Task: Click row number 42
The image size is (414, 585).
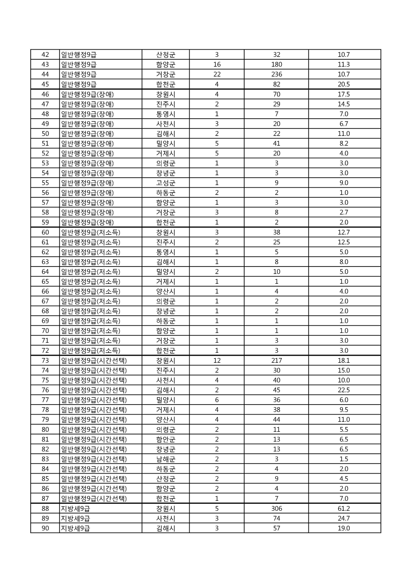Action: click(45, 55)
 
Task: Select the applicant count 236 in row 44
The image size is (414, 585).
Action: click(277, 74)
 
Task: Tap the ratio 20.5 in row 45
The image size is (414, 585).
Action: click(344, 84)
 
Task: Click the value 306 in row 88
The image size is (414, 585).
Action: click(277, 509)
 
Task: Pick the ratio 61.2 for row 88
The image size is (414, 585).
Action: click(344, 509)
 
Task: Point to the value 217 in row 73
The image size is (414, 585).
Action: click(277, 361)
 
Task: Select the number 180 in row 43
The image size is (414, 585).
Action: click(277, 65)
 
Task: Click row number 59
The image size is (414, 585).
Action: click(45, 222)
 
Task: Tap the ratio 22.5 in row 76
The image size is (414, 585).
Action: click(344, 390)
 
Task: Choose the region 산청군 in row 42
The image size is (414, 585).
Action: click(166, 55)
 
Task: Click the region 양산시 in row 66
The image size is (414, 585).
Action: click(166, 291)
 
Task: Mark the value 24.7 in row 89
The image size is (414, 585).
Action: click(344, 518)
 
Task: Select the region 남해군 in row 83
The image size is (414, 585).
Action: click(166, 459)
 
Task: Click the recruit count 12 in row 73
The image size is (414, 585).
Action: click(217, 361)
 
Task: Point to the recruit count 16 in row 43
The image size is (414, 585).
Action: click(217, 65)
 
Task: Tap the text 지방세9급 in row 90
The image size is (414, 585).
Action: click(75, 528)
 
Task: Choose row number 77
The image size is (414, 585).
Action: click(45, 400)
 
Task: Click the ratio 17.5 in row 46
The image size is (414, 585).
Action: click(344, 94)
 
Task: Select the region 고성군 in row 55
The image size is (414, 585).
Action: click(166, 183)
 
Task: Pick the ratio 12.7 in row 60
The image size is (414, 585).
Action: click(344, 232)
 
